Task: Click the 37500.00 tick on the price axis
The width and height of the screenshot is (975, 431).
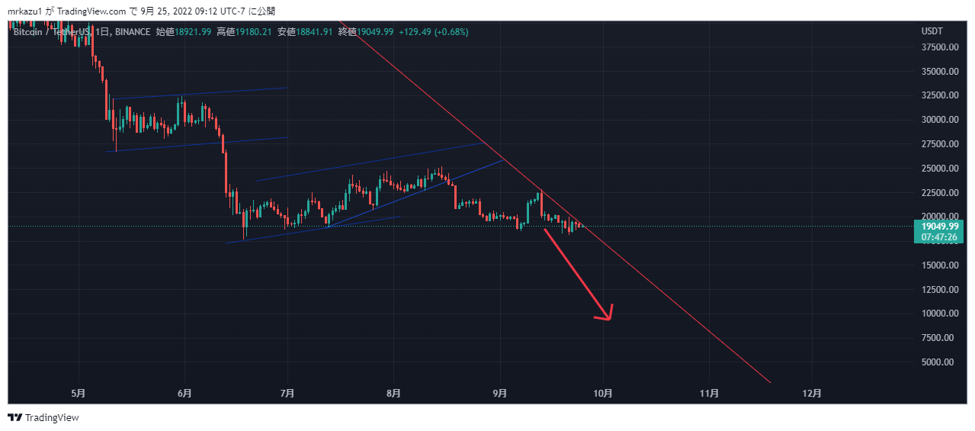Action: (939, 47)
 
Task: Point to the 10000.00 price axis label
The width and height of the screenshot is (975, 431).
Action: (939, 314)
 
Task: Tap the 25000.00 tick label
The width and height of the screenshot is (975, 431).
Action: (939, 168)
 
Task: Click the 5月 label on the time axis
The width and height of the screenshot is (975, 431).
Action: (78, 394)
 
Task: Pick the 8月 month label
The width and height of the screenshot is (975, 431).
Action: (393, 394)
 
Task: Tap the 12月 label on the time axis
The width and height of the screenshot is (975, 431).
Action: (813, 394)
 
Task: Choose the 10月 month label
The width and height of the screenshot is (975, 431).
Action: (603, 394)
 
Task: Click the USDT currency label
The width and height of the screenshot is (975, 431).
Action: (932, 31)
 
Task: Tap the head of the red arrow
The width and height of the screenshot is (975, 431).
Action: (608, 317)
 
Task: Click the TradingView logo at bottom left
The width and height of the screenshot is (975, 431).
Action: (43, 417)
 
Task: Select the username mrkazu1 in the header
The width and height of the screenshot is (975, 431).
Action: (25, 11)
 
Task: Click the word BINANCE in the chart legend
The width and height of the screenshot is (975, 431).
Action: (133, 31)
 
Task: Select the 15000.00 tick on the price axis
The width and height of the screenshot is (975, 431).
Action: (939, 265)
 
